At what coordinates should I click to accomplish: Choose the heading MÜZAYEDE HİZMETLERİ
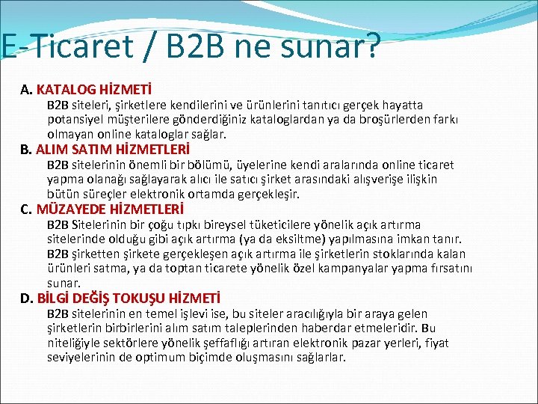[x=109, y=209]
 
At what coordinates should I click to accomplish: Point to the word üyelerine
[x=283, y=165]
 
